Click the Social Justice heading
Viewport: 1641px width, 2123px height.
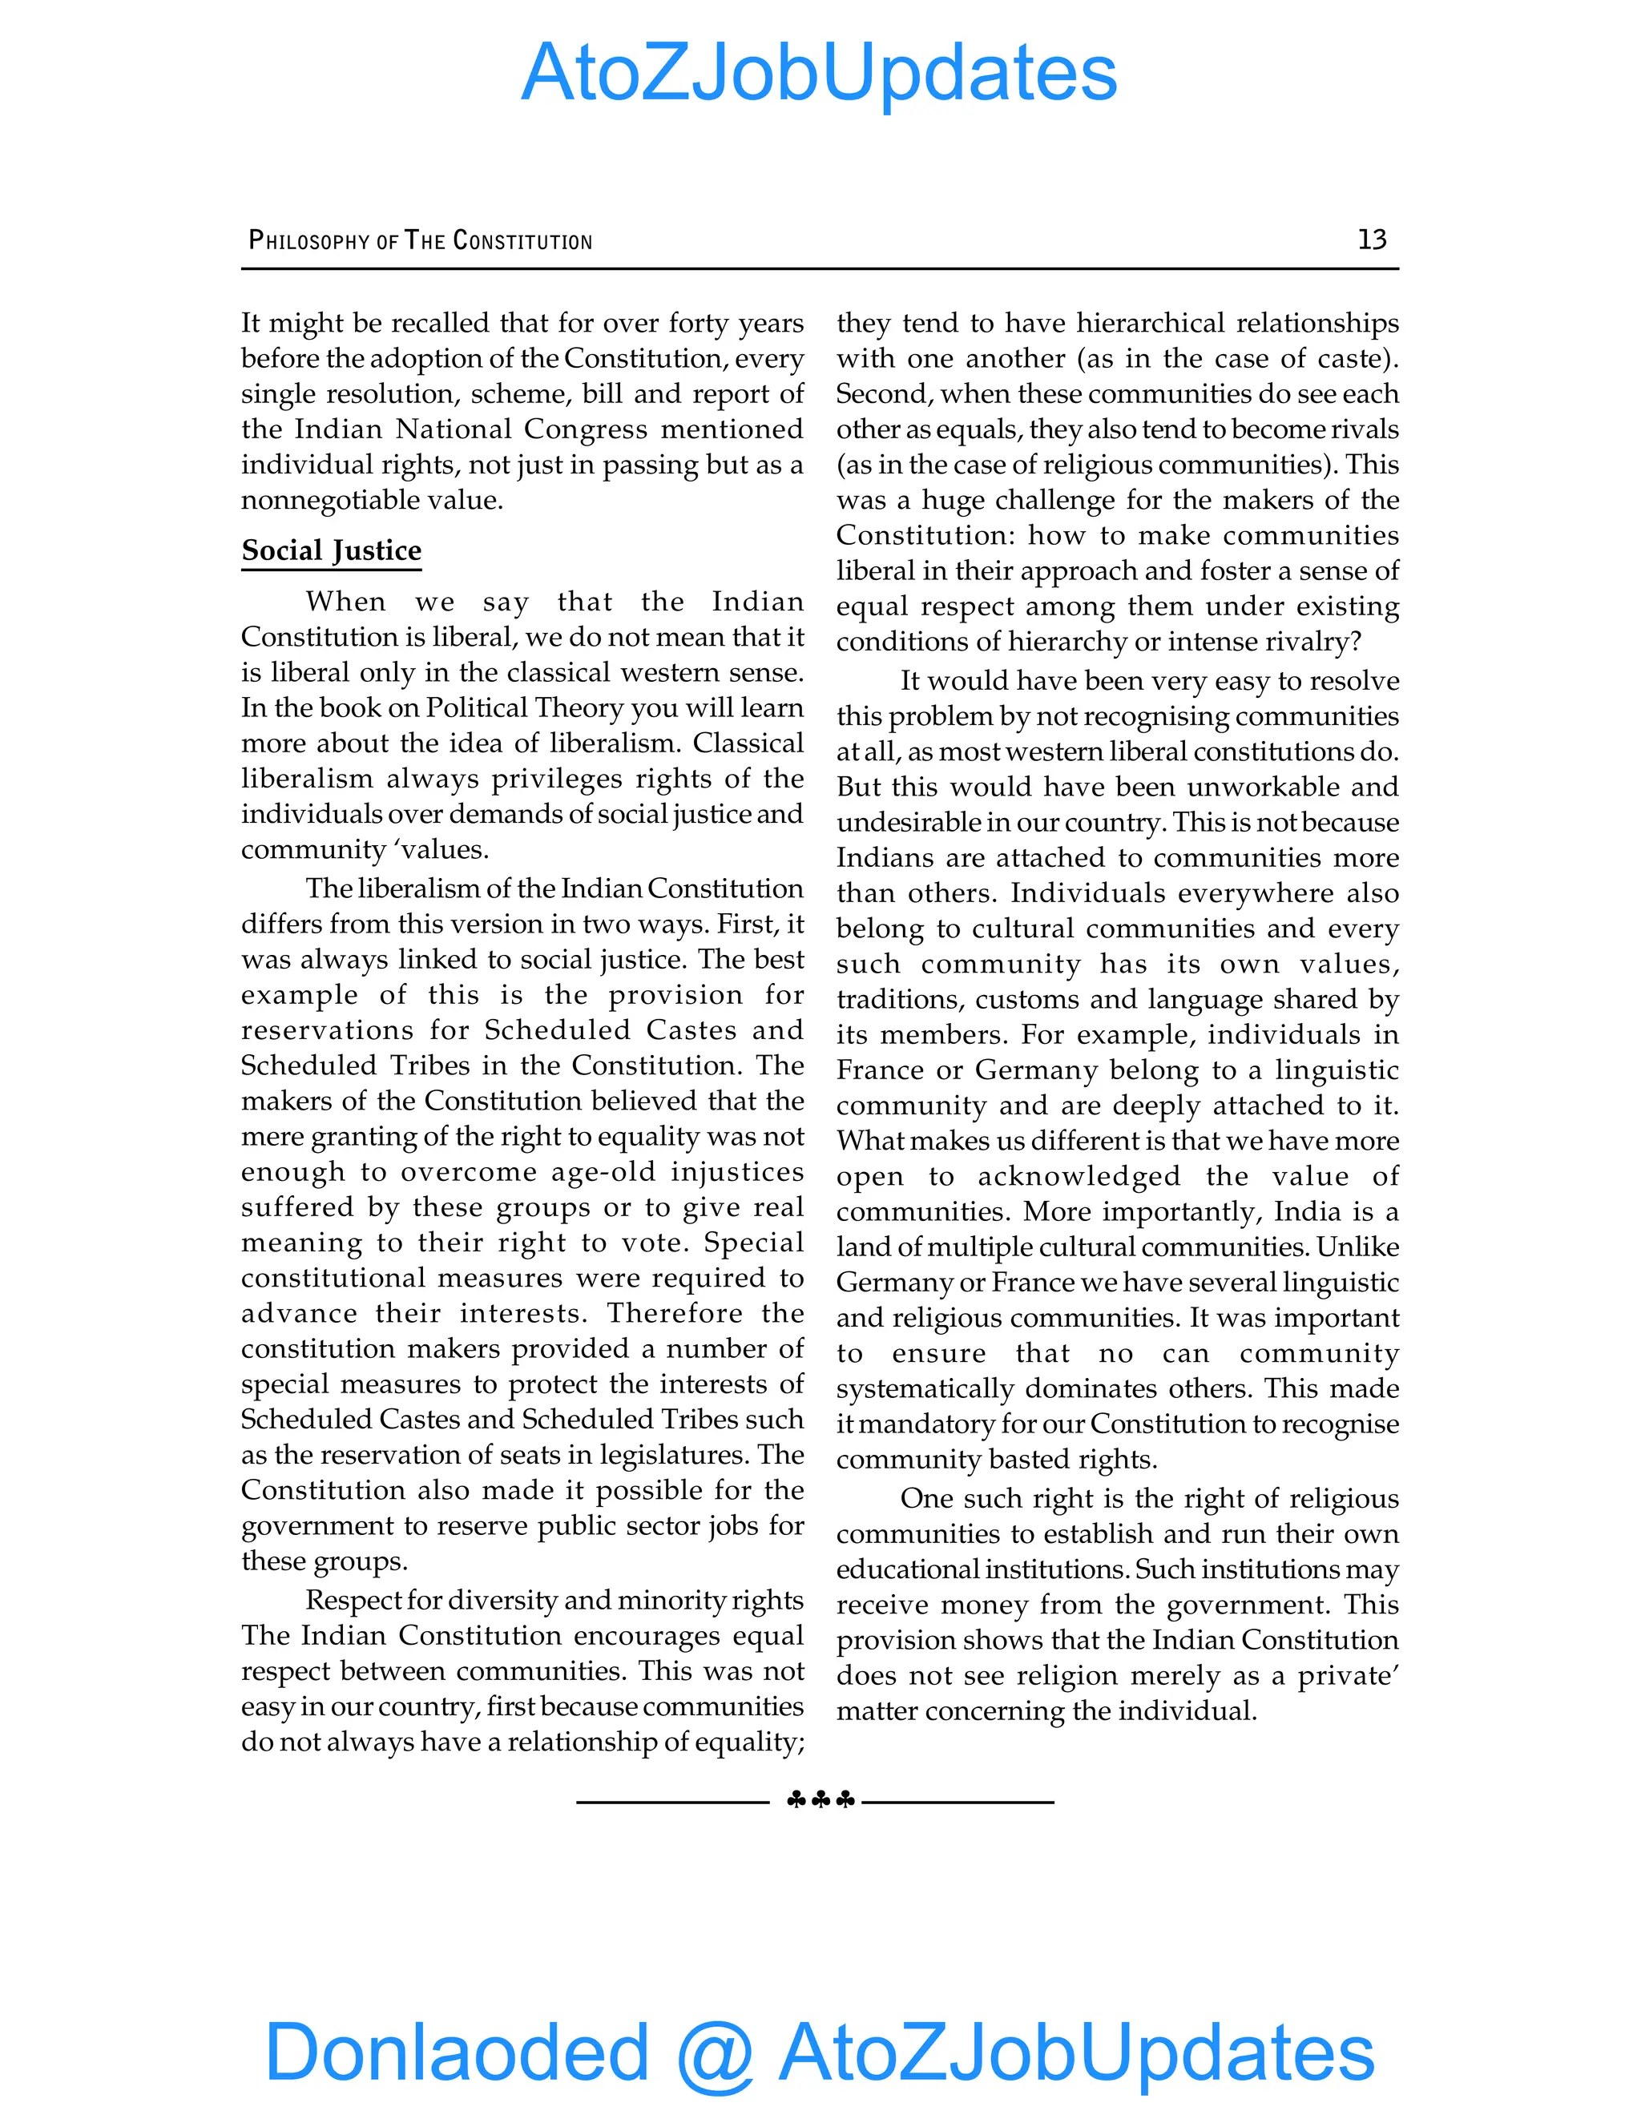[x=331, y=550]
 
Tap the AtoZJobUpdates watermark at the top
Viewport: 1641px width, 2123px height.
[x=819, y=73]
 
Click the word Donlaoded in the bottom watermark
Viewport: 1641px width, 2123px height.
[x=456, y=2051]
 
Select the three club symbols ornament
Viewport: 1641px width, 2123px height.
[x=820, y=1800]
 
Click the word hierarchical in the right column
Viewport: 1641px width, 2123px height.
[x=1150, y=323]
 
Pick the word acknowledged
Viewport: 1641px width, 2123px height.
[x=1079, y=1176]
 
